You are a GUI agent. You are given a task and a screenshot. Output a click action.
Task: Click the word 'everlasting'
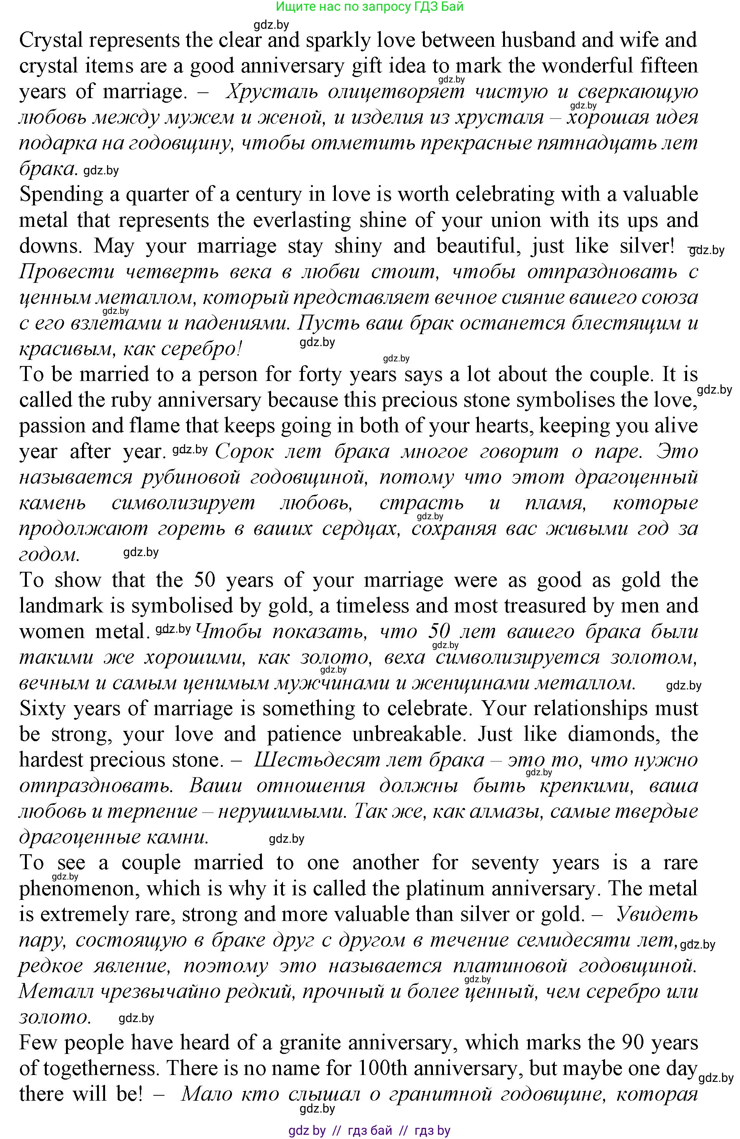[x=303, y=221]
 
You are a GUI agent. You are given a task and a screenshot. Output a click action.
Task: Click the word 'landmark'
[x=61, y=606]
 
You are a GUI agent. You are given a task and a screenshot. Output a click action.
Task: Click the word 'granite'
[x=310, y=1043]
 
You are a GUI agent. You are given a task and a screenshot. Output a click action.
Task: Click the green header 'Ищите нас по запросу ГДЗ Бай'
[x=370, y=7]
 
